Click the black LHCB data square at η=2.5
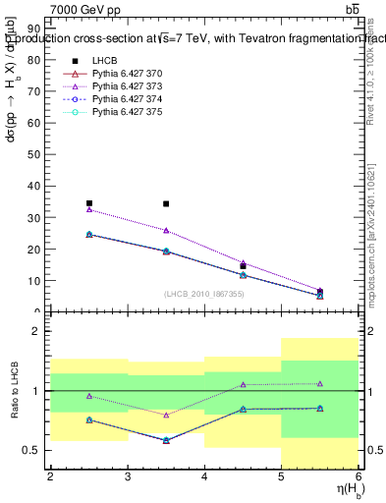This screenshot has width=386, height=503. [x=89, y=203]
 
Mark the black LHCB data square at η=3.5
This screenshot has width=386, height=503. [x=166, y=204]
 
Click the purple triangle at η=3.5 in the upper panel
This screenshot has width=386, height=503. [x=166, y=230]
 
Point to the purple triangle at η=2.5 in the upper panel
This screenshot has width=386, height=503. [x=89, y=209]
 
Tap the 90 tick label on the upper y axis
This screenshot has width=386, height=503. [x=36, y=28]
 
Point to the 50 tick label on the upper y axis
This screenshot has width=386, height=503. [x=36, y=154]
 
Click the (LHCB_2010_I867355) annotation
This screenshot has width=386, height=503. [x=205, y=294]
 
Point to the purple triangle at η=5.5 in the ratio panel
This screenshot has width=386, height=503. [x=320, y=384]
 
